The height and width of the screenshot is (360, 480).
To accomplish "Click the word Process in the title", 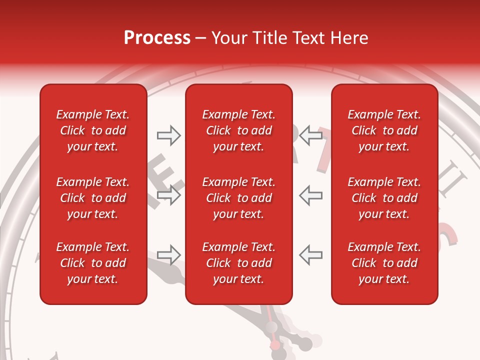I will [157, 38].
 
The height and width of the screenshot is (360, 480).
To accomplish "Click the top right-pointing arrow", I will [168, 135].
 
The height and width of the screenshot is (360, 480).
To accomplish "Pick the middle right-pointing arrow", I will [168, 195].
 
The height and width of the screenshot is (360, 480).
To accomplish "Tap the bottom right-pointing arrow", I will [168, 255].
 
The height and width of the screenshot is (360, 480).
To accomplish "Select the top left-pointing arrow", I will [310, 135].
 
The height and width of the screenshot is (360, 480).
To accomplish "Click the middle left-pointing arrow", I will [310, 195].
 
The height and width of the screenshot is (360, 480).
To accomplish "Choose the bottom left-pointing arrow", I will [310, 255].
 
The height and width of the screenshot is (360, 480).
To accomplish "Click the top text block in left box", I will [93, 130].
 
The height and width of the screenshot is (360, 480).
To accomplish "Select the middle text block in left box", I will [93, 198].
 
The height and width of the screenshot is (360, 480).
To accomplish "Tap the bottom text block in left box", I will [93, 263].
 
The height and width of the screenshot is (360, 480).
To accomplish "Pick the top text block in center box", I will [238, 130].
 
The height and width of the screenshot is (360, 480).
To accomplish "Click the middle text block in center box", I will [238, 198].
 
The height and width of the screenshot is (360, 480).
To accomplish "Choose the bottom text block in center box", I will [238, 263].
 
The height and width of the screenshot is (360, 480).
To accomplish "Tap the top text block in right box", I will [384, 130].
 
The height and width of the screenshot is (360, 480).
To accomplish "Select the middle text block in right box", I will [384, 198].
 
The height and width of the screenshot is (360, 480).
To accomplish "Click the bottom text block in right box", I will [384, 263].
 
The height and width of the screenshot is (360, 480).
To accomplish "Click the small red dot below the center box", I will [274, 345].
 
